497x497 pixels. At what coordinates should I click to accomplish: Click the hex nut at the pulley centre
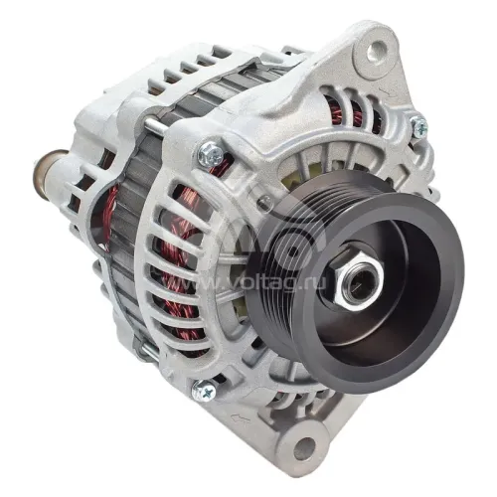tap(357, 276)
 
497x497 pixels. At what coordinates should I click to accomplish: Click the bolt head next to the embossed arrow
tap(204, 391)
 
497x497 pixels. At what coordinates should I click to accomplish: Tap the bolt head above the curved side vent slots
tap(211, 153)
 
